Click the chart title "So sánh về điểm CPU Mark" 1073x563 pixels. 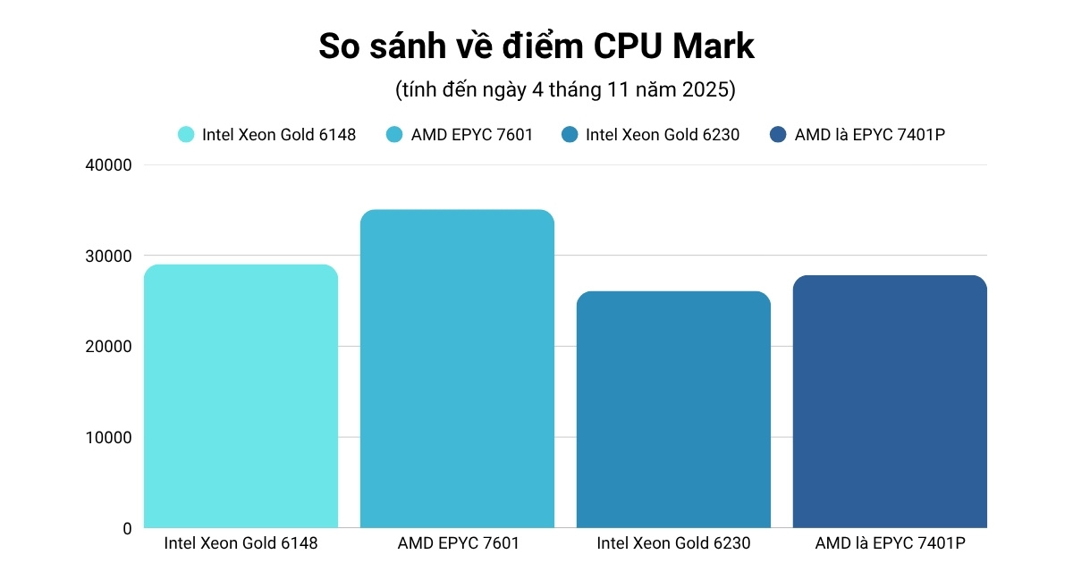point(536,46)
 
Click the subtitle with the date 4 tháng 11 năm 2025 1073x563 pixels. point(565,90)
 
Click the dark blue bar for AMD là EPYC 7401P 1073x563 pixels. point(890,401)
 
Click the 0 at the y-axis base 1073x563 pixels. point(126,528)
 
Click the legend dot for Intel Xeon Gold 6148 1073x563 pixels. point(186,135)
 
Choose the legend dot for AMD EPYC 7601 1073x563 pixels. point(394,135)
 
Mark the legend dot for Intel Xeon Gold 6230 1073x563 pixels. point(570,135)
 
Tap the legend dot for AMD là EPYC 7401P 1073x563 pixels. point(778,135)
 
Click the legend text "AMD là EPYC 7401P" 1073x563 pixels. point(870,135)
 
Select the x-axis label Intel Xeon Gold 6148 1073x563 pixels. point(241,543)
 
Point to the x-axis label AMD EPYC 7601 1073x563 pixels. point(457,543)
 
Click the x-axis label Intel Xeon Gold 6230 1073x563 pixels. point(673,543)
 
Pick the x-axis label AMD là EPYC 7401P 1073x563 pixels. point(890,543)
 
